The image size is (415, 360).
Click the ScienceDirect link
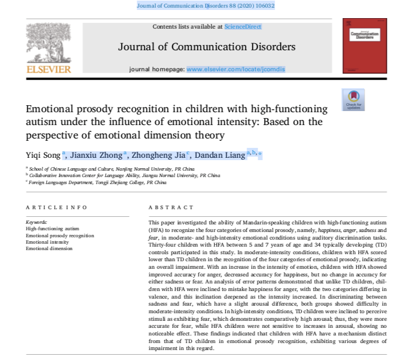tap(243, 27)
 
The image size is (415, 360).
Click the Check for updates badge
tap(353, 99)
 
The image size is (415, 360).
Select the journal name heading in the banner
tap(207, 46)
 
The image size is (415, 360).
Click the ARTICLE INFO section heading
tap(57, 207)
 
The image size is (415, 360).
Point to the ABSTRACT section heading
tap(171, 207)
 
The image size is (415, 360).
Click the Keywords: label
tap(37, 223)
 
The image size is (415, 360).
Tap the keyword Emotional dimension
tap(49, 248)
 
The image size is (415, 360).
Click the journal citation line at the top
tap(205, 6)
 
